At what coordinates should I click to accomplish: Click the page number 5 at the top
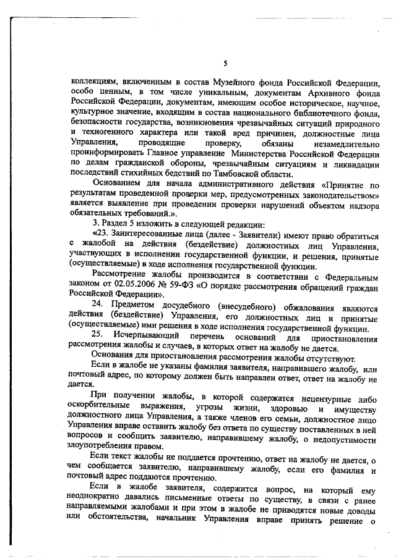(x=226, y=63)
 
